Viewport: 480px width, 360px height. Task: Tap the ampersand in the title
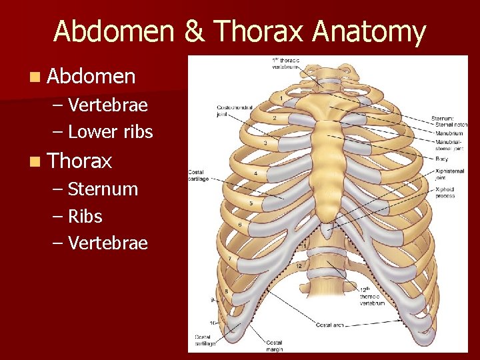(x=199, y=32)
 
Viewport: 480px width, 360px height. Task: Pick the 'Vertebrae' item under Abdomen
(x=107, y=105)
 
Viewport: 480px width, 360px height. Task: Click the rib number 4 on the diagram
(x=255, y=173)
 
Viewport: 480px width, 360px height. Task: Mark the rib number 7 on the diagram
(x=230, y=258)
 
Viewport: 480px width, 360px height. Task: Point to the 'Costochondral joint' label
(x=231, y=110)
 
